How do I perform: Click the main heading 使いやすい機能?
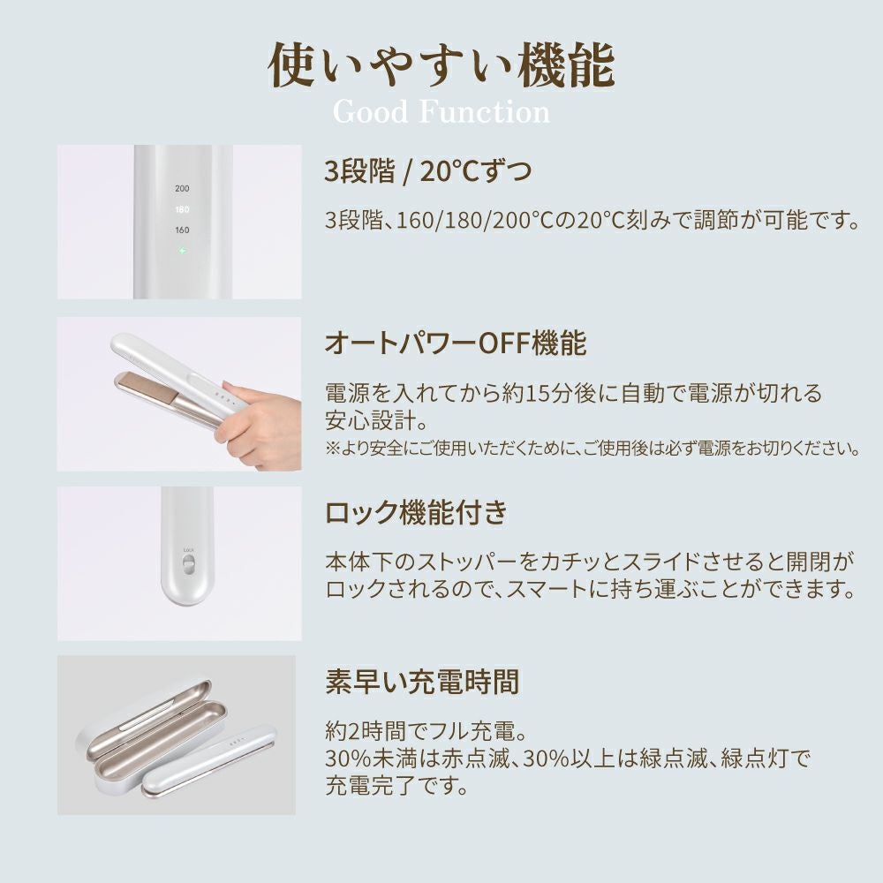coord(441,66)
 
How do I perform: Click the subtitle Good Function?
coord(441,112)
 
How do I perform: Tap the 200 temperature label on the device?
coord(182,189)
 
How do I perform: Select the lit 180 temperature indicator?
coord(182,209)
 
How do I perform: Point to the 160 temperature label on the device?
coord(182,230)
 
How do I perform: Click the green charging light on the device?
coord(182,250)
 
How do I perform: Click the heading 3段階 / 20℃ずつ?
coord(428,170)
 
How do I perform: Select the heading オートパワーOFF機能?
coord(456,343)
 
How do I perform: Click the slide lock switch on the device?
coord(189,563)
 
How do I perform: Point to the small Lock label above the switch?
coord(189,550)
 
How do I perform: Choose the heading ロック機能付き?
coord(416,513)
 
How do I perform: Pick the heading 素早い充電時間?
coord(422,682)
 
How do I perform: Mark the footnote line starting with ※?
coord(592,449)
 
